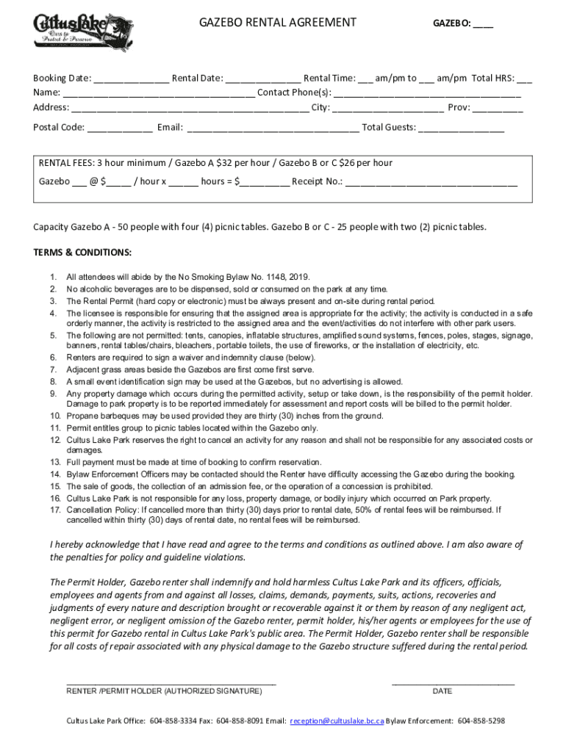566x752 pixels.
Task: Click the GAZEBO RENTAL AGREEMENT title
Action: [278, 23]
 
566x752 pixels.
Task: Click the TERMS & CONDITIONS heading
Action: [82, 253]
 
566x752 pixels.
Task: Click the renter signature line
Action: [171, 683]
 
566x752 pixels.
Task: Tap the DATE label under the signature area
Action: [443, 691]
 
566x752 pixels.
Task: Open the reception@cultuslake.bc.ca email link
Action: [337, 721]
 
